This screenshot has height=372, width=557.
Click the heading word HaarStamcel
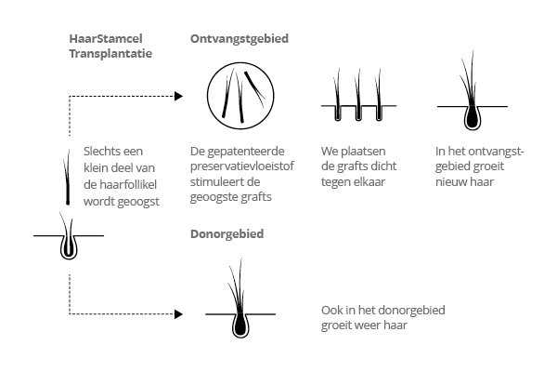(x=106, y=38)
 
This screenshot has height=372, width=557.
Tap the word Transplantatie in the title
(x=110, y=54)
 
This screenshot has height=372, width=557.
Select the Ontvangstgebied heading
(x=240, y=39)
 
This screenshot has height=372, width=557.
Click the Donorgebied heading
(x=227, y=234)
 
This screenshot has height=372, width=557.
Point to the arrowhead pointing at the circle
(x=178, y=96)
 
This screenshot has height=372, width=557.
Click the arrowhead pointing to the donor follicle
(x=178, y=314)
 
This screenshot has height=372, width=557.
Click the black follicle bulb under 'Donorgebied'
(x=240, y=325)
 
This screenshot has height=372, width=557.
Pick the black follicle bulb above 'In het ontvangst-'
(x=473, y=117)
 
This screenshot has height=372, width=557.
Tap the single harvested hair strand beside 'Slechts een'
(x=67, y=178)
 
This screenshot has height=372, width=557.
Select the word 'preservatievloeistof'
(x=242, y=166)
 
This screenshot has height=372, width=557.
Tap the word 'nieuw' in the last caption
(x=450, y=182)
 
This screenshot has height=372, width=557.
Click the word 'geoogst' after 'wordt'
(x=138, y=202)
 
